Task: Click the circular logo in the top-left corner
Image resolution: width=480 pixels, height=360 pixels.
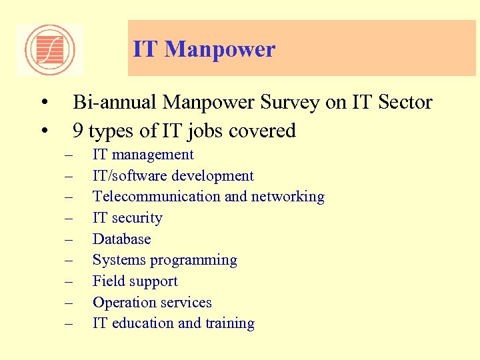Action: (x=50, y=49)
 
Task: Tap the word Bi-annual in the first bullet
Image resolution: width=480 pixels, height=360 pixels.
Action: (x=115, y=103)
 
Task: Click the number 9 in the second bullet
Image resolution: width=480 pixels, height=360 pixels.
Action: (x=78, y=131)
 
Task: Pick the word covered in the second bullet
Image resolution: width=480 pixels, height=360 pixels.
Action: (x=264, y=131)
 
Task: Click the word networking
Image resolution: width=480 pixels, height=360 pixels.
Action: (x=288, y=197)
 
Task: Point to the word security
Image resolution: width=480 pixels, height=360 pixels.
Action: (x=137, y=218)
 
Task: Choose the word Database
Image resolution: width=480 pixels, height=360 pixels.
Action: (x=122, y=239)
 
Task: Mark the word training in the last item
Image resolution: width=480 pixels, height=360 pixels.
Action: (x=229, y=323)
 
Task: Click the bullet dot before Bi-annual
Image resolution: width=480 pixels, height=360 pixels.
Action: (x=43, y=103)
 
